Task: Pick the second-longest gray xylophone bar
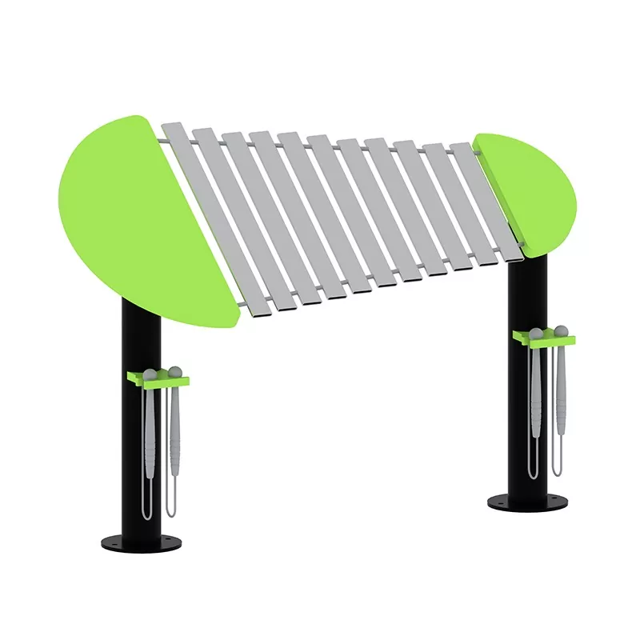pos(232,214)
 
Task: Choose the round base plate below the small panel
pos(524,502)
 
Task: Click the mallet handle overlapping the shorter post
pos(534,384)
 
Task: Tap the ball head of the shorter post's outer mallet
pos(560,329)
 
